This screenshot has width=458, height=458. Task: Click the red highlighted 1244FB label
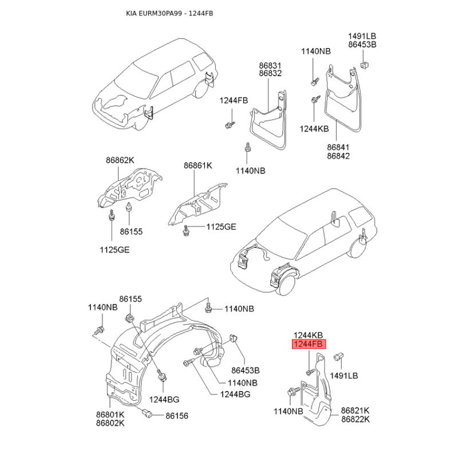tap(309, 344)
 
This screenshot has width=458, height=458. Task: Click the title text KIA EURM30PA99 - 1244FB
tap(169, 13)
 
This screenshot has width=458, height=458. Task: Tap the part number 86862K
tap(120, 160)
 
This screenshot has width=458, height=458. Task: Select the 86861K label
tap(198, 165)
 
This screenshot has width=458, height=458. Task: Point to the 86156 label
tap(177, 416)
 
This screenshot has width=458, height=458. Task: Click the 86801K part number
tap(110, 414)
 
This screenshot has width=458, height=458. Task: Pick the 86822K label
tap(356, 420)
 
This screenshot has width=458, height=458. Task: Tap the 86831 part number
tap(270, 65)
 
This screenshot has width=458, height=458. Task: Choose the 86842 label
tap(338, 156)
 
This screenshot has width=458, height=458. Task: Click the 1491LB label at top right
tap(362, 36)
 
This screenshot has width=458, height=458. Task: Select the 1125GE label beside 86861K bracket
tap(221, 227)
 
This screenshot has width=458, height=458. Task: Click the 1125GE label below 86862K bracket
tap(114, 250)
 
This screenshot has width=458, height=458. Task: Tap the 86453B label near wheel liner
tap(246, 370)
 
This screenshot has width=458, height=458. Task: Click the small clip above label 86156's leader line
tap(148, 413)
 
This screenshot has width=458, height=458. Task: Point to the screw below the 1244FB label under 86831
tap(230, 125)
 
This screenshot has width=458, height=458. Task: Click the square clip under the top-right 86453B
tap(364, 65)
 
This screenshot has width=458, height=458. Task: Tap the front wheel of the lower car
tap(287, 283)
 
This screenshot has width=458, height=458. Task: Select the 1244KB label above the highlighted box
tap(308, 335)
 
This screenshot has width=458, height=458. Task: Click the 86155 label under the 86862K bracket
tap(131, 232)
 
